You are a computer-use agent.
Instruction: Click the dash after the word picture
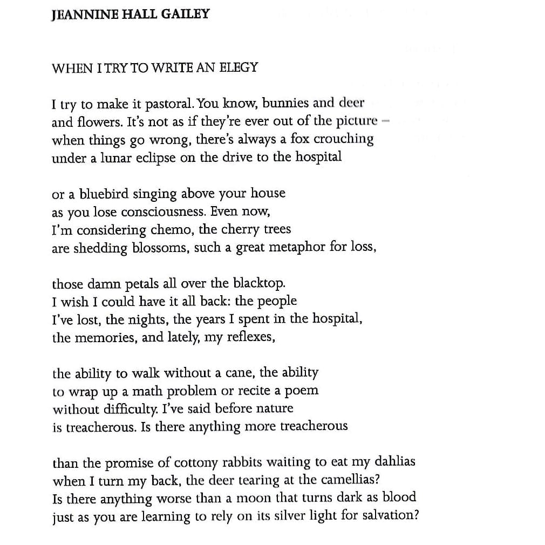tap(385, 121)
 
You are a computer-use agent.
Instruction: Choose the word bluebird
tap(104, 193)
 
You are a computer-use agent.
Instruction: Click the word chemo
tap(172, 230)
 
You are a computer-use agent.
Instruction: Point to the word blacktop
tap(259, 283)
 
